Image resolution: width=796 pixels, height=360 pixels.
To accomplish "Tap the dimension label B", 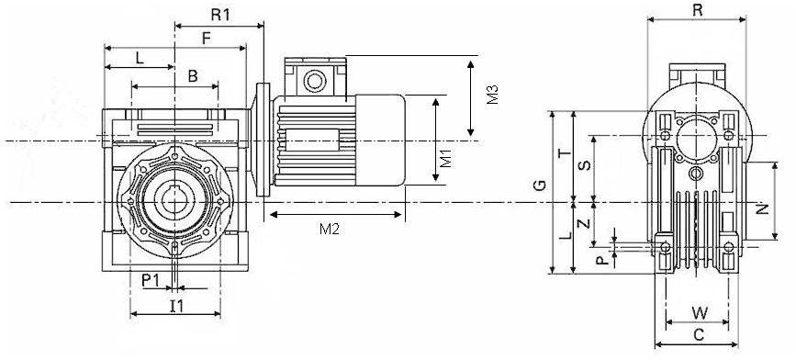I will (x=192, y=76).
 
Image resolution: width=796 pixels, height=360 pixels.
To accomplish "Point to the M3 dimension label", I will (x=492, y=95).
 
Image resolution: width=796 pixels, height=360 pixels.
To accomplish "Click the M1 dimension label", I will (x=444, y=158).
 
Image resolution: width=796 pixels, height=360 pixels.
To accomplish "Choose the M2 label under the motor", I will (x=330, y=230).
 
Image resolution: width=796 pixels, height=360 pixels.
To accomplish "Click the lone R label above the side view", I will (x=697, y=10).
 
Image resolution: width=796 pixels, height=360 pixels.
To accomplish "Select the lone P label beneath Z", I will (x=601, y=260).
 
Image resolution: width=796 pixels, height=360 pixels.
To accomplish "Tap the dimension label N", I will (x=762, y=208).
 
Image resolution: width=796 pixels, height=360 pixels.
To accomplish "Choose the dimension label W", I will (x=700, y=313).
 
